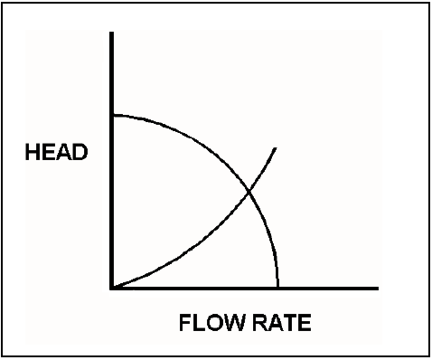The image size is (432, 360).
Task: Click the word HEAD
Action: (x=56, y=152)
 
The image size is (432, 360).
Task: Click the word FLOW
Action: (x=211, y=323)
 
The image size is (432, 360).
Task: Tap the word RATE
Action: (x=282, y=323)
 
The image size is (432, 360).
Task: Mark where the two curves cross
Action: (x=249, y=191)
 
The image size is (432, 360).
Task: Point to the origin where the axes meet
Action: (x=112, y=289)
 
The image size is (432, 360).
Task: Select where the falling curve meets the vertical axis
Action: (x=113, y=115)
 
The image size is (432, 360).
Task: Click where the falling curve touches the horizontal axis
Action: (x=277, y=288)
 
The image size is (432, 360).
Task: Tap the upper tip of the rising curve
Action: (x=276, y=148)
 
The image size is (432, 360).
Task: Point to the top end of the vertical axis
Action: (x=112, y=32)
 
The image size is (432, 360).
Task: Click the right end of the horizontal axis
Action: (x=378, y=289)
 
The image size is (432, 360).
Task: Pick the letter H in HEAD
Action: (x=33, y=152)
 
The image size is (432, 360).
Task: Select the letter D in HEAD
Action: (x=80, y=152)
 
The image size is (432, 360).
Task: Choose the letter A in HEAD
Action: (x=64, y=152)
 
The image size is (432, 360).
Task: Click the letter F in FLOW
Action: (x=185, y=323)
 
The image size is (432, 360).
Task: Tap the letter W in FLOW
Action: (x=233, y=323)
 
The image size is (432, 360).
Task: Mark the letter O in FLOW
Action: (x=213, y=323)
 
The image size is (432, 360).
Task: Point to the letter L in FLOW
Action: (x=199, y=323)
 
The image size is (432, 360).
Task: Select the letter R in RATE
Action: (x=259, y=323)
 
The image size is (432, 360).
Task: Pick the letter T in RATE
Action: (x=290, y=323)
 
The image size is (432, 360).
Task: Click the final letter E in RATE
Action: (x=305, y=323)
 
